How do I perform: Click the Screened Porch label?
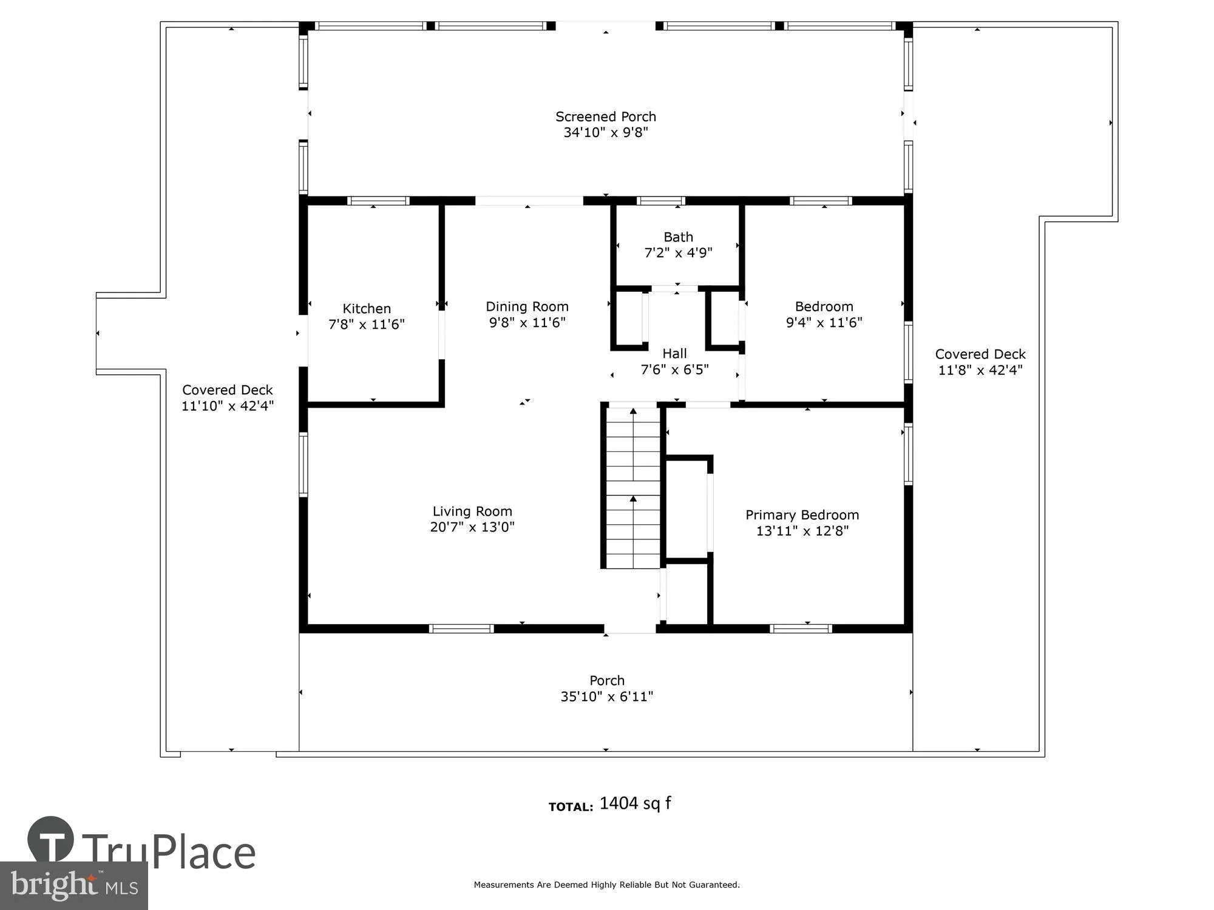coord(605,116)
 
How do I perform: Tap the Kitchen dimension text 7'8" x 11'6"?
coord(366,325)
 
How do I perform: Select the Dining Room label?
coord(527,306)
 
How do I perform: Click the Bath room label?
coord(678,237)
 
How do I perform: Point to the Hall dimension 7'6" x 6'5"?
coord(674,369)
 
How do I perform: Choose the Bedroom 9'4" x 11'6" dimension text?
coord(824,323)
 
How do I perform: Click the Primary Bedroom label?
coord(802,515)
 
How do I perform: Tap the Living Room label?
coord(472,511)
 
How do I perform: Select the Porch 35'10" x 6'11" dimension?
coord(606,696)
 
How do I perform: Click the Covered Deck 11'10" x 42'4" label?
coord(228,390)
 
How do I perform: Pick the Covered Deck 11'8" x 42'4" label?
coord(980,354)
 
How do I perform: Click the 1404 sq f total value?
coord(635,803)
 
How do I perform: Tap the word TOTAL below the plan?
coord(571,807)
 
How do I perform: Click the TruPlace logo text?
coord(169,852)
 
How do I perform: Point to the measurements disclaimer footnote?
coord(606,885)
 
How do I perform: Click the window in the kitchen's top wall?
coord(378,201)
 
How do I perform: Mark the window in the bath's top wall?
coord(661,201)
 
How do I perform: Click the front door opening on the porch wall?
coord(630,629)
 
